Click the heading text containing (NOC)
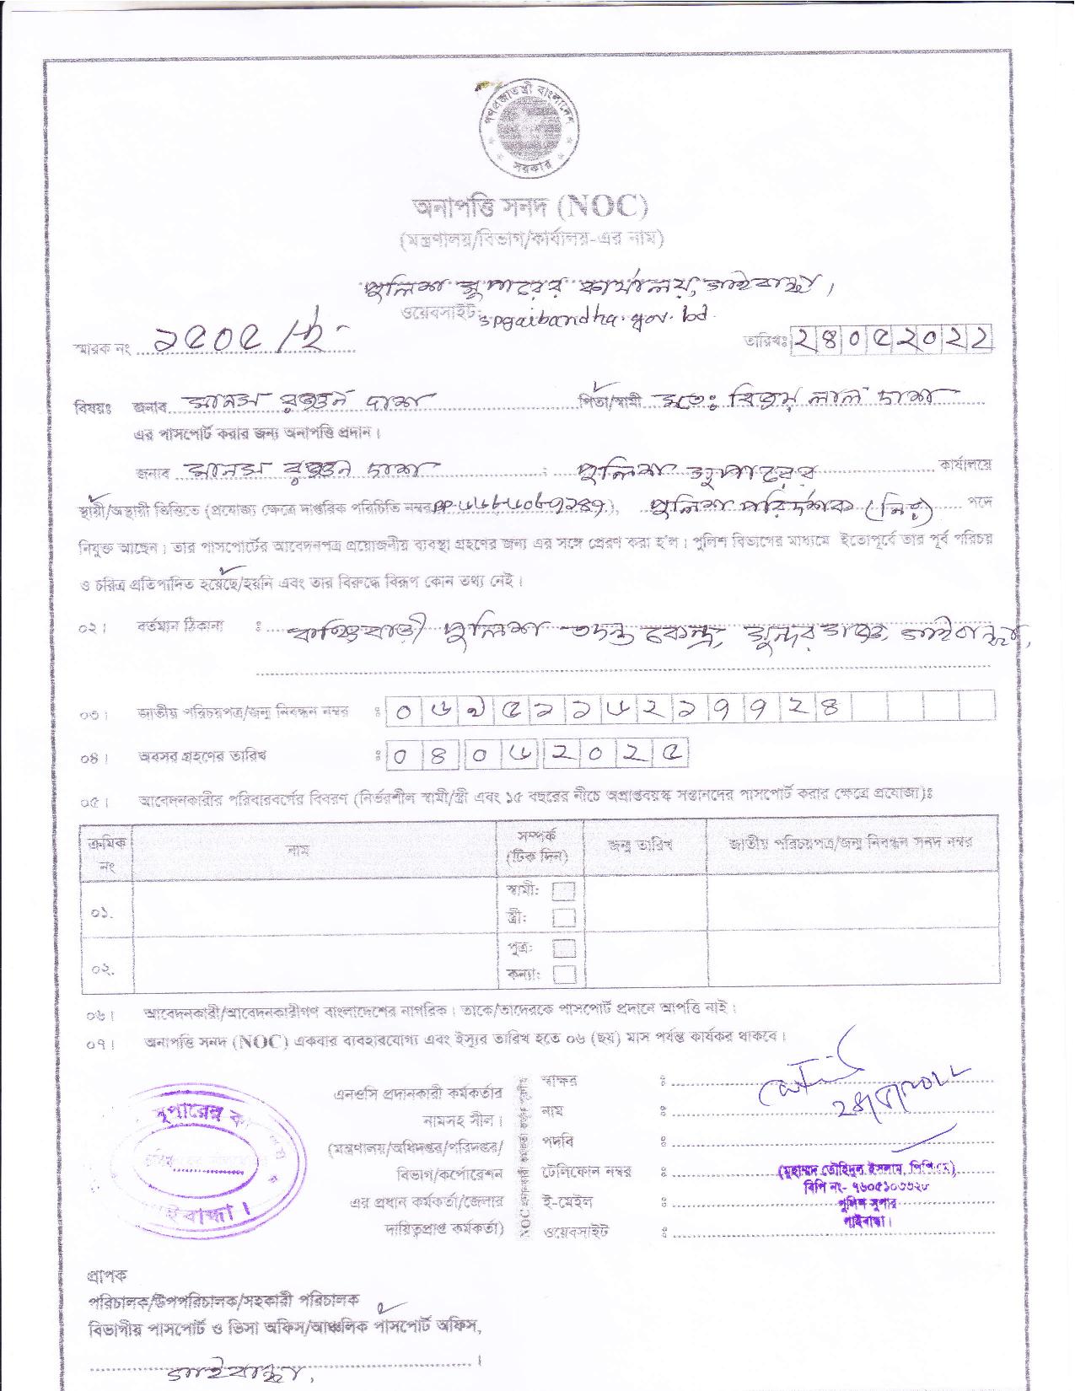529,207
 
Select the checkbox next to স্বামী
564,890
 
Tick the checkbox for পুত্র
564,948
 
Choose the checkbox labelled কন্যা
564,975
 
